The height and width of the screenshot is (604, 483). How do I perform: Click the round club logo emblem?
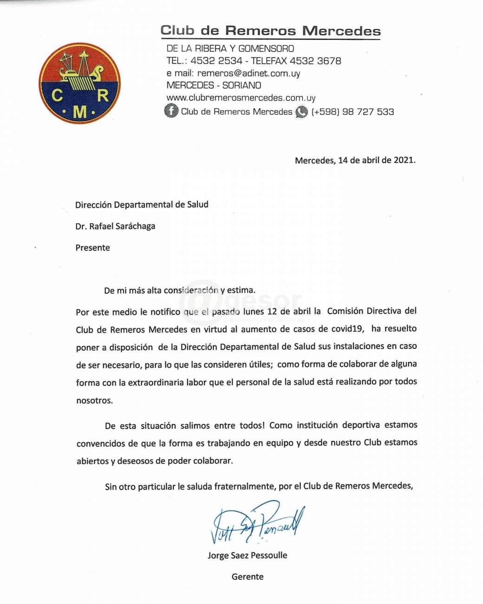(x=79, y=84)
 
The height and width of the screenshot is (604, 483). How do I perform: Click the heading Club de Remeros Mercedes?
(x=270, y=31)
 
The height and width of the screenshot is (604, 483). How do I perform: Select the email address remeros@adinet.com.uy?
(x=248, y=73)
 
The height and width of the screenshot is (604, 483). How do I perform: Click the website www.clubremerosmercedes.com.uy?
(x=241, y=98)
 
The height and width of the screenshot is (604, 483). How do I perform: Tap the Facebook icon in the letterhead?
(x=171, y=111)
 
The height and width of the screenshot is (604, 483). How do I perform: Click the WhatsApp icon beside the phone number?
(x=301, y=112)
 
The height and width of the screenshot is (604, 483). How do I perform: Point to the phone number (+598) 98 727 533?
(x=352, y=112)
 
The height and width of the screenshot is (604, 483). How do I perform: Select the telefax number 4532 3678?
(x=315, y=61)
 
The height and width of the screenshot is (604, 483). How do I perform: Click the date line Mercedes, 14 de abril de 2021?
(x=355, y=160)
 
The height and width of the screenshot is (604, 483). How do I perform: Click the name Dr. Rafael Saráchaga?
(x=115, y=226)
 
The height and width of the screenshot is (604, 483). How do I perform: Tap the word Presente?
(x=92, y=248)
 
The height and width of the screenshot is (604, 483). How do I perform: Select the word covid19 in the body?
(x=347, y=329)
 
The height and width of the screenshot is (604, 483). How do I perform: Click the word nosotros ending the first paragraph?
(x=94, y=400)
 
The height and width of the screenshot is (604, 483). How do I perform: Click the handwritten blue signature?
(x=258, y=522)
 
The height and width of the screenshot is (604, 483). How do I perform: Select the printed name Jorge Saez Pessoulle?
(x=247, y=555)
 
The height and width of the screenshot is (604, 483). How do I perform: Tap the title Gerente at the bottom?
(x=247, y=577)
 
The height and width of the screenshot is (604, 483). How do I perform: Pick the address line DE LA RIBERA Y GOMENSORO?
(x=230, y=49)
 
